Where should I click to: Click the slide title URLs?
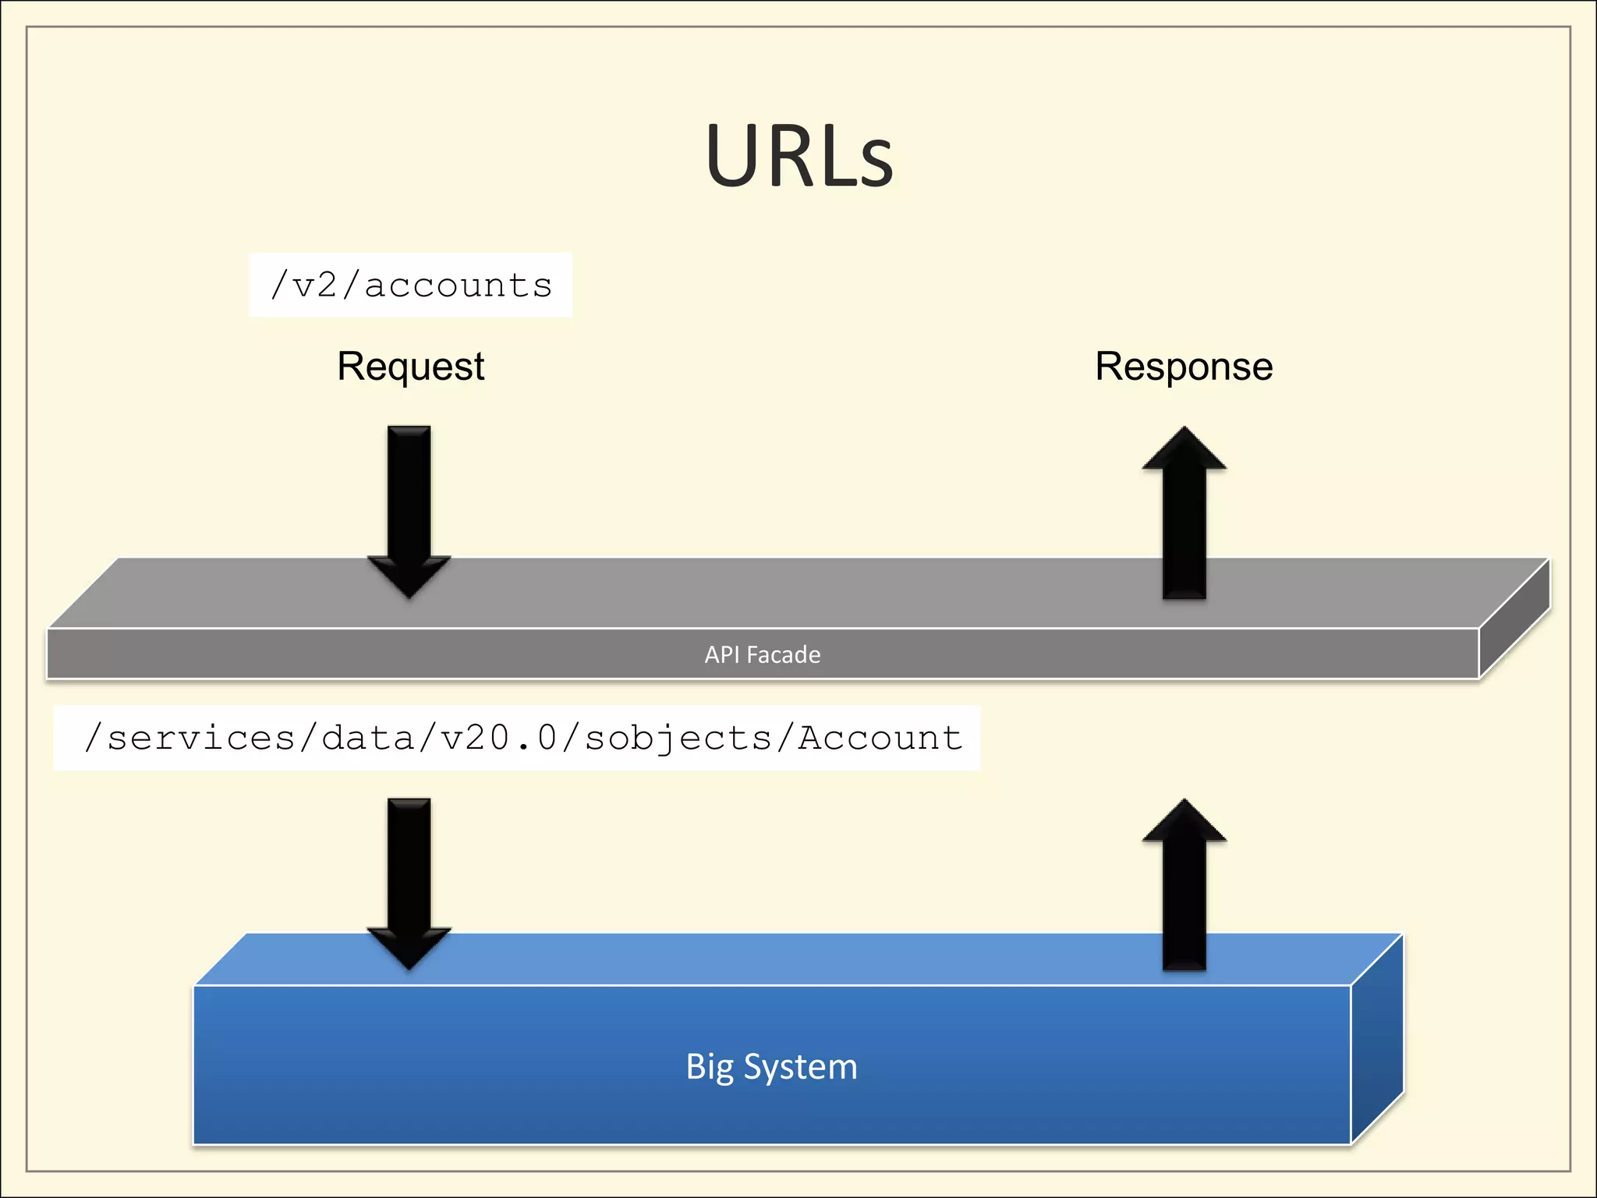798,156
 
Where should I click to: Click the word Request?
410,367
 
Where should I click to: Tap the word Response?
1184,367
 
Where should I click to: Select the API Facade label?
762,654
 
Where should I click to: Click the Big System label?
771,1066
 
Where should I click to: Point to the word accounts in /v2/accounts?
459,285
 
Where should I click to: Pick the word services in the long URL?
201,738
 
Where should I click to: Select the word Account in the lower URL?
880,738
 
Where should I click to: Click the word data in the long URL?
368,738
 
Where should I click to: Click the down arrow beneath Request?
409,507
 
